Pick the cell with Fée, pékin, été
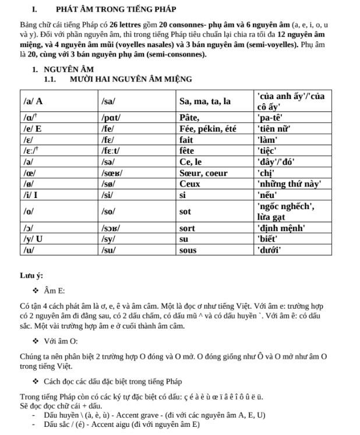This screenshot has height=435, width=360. (x=208, y=129)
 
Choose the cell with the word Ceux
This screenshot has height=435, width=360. (x=190, y=183)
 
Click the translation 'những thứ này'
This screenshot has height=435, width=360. (x=289, y=183)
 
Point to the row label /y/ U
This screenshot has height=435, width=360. (x=33, y=239)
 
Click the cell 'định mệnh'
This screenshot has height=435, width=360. (x=281, y=228)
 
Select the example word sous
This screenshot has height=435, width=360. (x=188, y=250)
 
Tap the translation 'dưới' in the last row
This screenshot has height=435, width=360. (x=270, y=250)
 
